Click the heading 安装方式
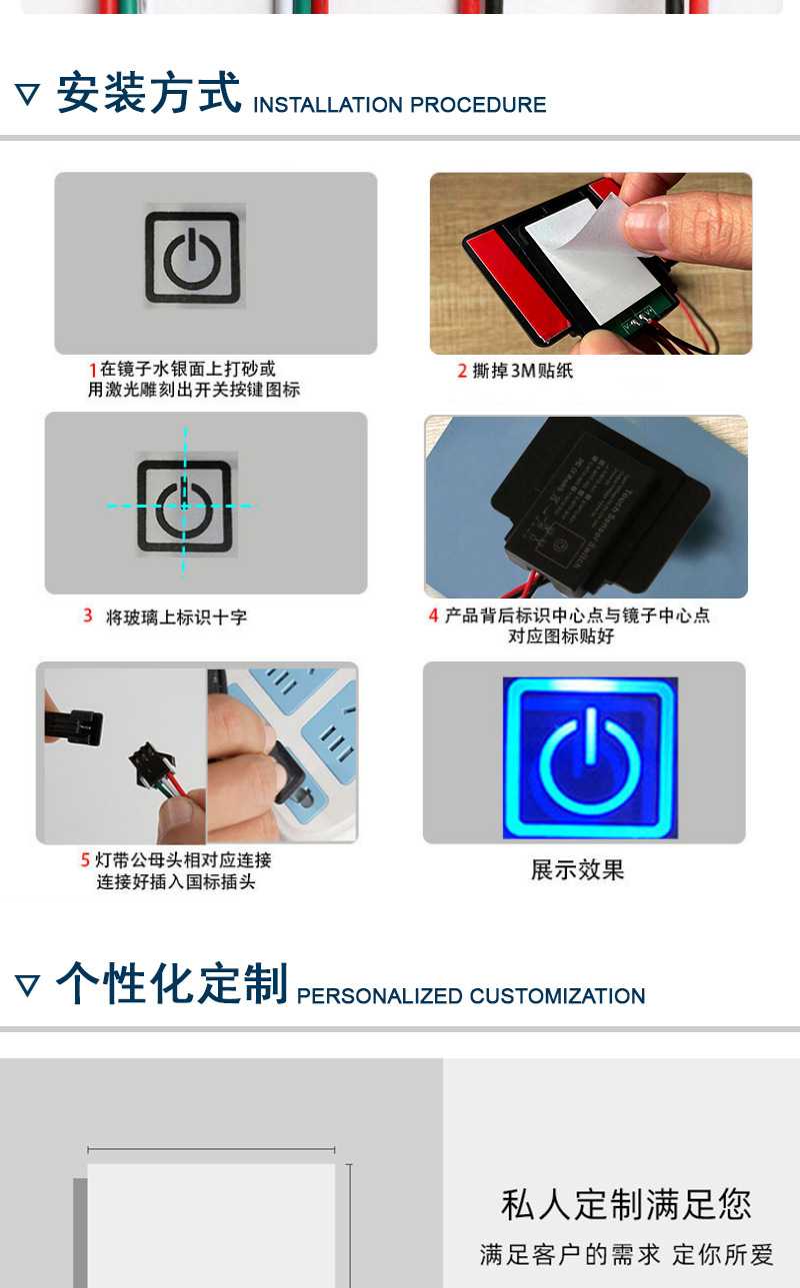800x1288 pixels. (149, 93)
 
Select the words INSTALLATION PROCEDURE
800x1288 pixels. (400, 105)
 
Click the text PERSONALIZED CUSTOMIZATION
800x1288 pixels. (471, 996)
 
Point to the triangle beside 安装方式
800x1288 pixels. (28, 95)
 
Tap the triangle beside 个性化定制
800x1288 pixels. (28, 986)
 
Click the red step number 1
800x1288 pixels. (93, 371)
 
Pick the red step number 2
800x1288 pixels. (462, 372)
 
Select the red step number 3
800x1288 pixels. (88, 617)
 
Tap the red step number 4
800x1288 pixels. (434, 616)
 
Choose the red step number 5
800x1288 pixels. (86, 860)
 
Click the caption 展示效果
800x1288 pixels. (577, 870)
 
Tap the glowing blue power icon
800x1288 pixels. (589, 757)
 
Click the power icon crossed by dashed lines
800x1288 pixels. (185, 505)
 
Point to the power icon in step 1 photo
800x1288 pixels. (193, 257)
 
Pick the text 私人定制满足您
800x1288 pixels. (626, 1204)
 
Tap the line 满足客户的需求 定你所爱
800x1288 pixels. (626, 1255)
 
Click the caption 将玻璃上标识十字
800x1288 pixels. (176, 618)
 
